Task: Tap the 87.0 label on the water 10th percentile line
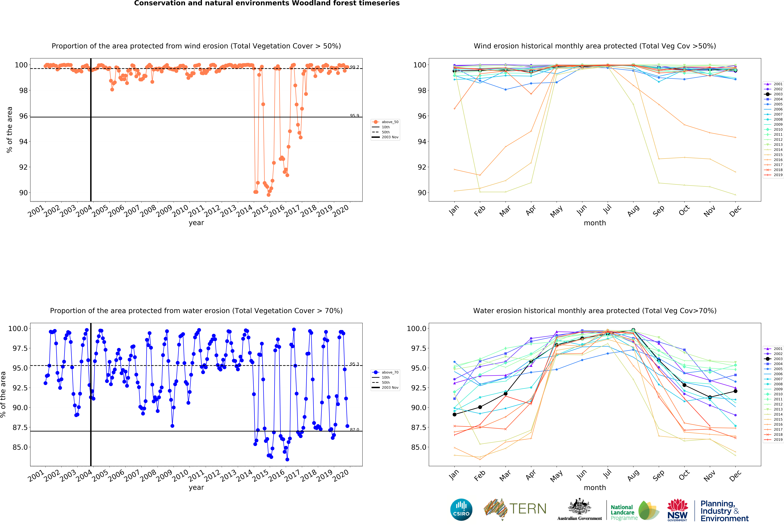point(354,430)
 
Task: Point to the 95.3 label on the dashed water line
point(354,364)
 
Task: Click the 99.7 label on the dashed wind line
point(354,67)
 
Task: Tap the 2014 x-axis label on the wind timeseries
point(244,211)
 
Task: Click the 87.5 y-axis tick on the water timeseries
point(20,427)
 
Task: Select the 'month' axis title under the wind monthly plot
point(595,223)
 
